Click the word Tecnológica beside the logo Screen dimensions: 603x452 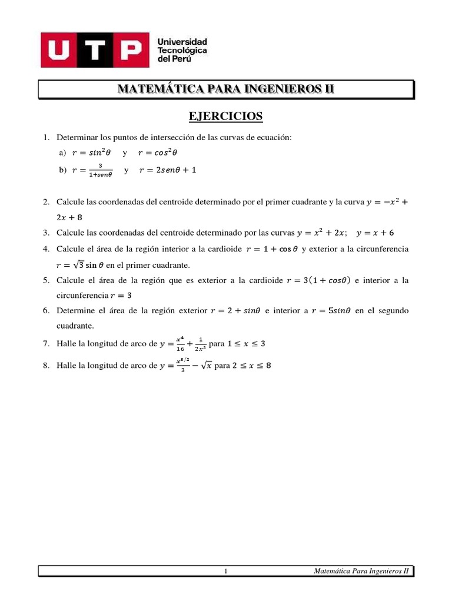[x=182, y=51]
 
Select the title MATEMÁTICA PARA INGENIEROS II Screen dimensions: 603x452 [x=225, y=89]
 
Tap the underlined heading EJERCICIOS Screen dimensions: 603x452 [x=225, y=117]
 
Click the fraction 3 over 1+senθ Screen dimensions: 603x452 [x=101, y=171]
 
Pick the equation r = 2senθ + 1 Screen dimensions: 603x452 [x=168, y=171]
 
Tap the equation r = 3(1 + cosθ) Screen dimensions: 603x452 [x=317, y=280]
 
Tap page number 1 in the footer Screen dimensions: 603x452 [x=226, y=571]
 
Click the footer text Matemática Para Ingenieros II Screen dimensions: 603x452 [x=361, y=571]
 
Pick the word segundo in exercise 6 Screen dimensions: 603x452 [x=393, y=310]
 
